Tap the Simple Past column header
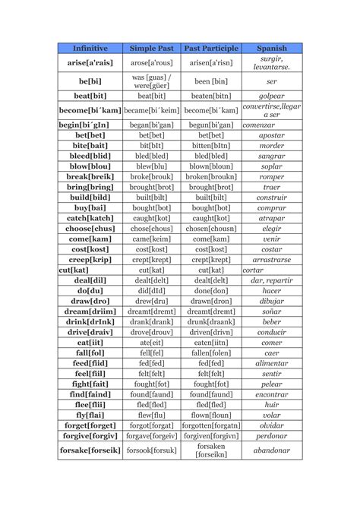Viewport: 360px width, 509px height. pyautogui.click(x=151, y=48)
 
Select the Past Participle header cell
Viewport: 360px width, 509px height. pyautogui.click(x=211, y=48)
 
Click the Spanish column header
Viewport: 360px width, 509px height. pyautogui.click(x=271, y=48)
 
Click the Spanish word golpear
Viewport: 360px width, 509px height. pyautogui.click(x=271, y=97)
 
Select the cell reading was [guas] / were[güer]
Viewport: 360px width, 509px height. pyautogui.click(x=151, y=81)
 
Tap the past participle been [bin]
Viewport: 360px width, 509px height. pyautogui.click(x=211, y=81)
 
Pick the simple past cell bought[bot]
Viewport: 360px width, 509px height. pyautogui.click(x=151, y=207)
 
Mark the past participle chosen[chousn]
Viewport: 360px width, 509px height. pyautogui.click(x=211, y=228)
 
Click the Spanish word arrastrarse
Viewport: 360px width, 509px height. pyautogui.click(x=271, y=259)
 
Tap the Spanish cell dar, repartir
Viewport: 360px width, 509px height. pyautogui.click(x=271, y=280)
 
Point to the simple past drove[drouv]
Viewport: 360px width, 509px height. pyautogui.click(x=151, y=332)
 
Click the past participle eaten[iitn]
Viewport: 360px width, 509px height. pyautogui.click(x=211, y=343)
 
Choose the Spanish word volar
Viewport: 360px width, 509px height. pyautogui.click(x=271, y=416)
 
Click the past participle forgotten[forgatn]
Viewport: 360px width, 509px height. pyautogui.click(x=211, y=426)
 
